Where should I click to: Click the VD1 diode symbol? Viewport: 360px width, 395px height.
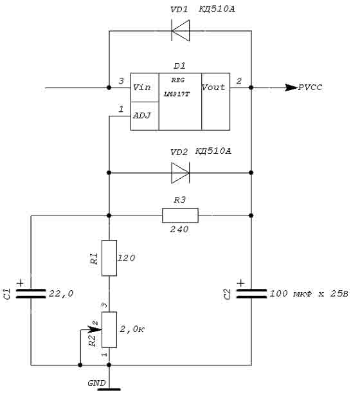(180, 31)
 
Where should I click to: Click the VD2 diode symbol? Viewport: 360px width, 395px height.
(180, 173)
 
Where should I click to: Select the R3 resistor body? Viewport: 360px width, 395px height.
(180, 216)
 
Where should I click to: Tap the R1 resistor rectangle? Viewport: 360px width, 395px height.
(109, 258)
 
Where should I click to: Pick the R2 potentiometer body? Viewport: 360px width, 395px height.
(109, 329)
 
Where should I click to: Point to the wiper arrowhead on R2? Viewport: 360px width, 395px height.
(95, 329)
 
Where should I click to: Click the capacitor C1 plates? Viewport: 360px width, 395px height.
(31, 293)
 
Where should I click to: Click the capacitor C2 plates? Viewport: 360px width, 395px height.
(251, 293)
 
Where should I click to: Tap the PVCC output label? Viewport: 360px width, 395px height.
(310, 87)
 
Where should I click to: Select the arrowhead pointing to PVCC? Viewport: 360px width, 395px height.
(291, 87)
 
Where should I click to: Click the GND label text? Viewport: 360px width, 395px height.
(96, 383)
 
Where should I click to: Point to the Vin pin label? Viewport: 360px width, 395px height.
(141, 87)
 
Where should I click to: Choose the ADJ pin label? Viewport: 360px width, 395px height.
(141, 116)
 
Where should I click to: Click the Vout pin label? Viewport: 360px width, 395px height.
(213, 87)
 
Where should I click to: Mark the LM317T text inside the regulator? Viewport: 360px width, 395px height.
(177, 94)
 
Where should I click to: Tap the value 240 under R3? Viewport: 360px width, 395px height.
(179, 229)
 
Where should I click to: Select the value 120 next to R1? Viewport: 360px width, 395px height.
(127, 258)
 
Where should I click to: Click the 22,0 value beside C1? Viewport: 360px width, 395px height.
(61, 293)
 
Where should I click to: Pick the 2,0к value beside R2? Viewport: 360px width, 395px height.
(132, 329)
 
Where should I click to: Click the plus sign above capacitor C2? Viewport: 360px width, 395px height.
(241, 283)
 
